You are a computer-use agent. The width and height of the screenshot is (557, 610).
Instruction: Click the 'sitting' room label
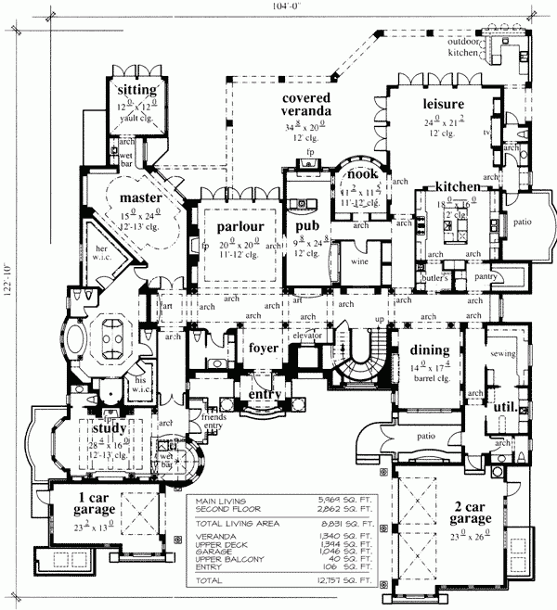(136, 89)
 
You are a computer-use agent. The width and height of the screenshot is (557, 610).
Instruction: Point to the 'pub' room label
(307, 226)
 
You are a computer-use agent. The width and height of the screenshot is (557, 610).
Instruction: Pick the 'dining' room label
(428, 350)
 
